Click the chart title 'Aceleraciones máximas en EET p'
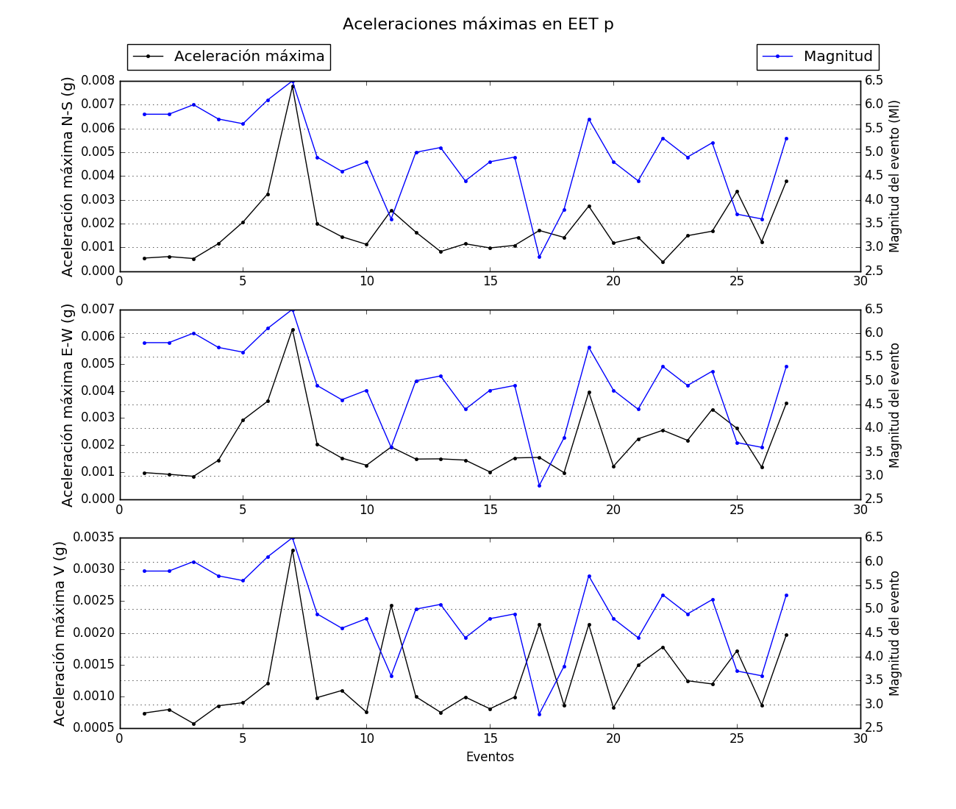click(478, 24)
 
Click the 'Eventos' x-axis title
click(490, 757)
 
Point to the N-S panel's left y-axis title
click(68, 177)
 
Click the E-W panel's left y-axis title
click(68, 404)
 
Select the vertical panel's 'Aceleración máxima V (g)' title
click(60, 633)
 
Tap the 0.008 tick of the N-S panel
click(99, 80)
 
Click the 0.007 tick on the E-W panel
click(99, 309)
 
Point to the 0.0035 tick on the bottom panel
click(96, 538)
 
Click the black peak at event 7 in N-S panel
click(293, 86)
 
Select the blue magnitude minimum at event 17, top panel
click(539, 257)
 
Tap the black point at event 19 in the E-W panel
click(589, 392)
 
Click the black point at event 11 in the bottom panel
click(391, 605)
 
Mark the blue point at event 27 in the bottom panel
click(786, 595)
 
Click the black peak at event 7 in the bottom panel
click(293, 550)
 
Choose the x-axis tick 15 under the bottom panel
click(490, 738)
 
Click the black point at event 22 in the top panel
click(663, 262)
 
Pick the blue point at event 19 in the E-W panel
click(589, 347)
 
